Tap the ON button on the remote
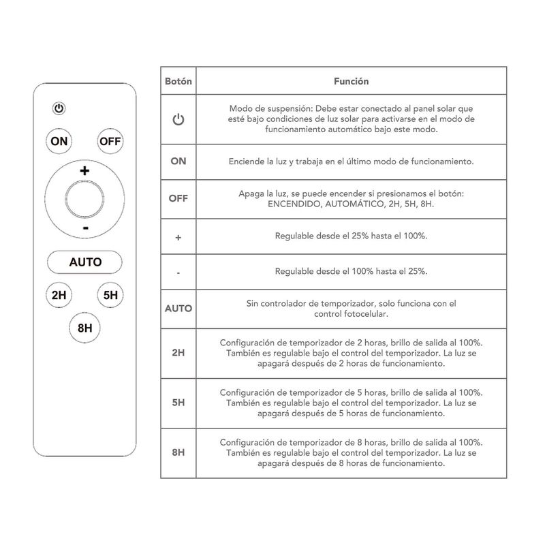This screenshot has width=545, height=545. point(59,141)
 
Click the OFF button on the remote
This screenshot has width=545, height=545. point(110,141)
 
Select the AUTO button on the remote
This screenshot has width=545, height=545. point(85,262)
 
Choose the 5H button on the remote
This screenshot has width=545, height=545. point(110,295)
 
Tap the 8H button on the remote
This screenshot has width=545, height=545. point(85,328)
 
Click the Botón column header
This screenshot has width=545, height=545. point(178,81)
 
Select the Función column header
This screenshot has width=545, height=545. point(351,81)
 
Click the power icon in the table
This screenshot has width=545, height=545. point(178,120)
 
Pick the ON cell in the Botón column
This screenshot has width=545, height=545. point(178,161)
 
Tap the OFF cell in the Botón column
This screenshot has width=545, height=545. point(178,198)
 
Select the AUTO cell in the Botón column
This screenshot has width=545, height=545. point(178,308)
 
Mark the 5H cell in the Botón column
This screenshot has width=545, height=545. point(178,402)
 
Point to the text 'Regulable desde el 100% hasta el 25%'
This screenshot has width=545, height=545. point(351,271)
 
